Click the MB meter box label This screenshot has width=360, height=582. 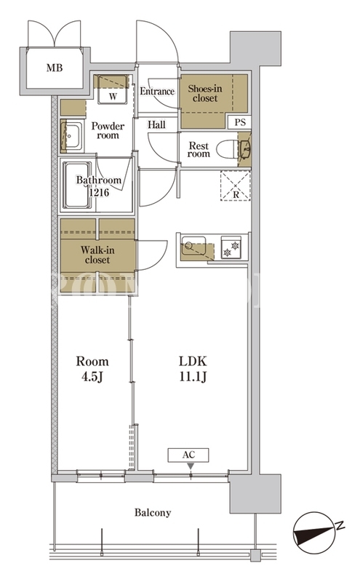tap(55, 68)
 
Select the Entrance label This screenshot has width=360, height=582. tap(157, 92)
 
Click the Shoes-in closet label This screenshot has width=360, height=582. tap(205, 93)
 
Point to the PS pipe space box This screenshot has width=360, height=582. tap(240, 121)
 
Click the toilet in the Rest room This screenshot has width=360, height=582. tap(227, 148)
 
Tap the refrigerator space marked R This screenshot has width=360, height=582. tap(236, 186)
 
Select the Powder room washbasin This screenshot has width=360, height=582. tap(73, 136)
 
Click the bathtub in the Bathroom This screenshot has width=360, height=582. tap(77, 185)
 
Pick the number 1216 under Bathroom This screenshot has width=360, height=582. tap(99, 192)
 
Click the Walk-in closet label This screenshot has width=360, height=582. tap(97, 255)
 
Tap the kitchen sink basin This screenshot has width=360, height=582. tap(193, 245)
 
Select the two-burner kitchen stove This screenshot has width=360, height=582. tap(231, 247)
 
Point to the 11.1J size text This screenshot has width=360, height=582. tap(193, 377)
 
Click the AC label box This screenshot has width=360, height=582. tap(188, 455)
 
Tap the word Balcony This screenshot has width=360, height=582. tap(153, 513)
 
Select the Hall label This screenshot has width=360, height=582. tap(156, 124)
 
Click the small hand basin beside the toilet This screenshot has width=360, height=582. tap(245, 149)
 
